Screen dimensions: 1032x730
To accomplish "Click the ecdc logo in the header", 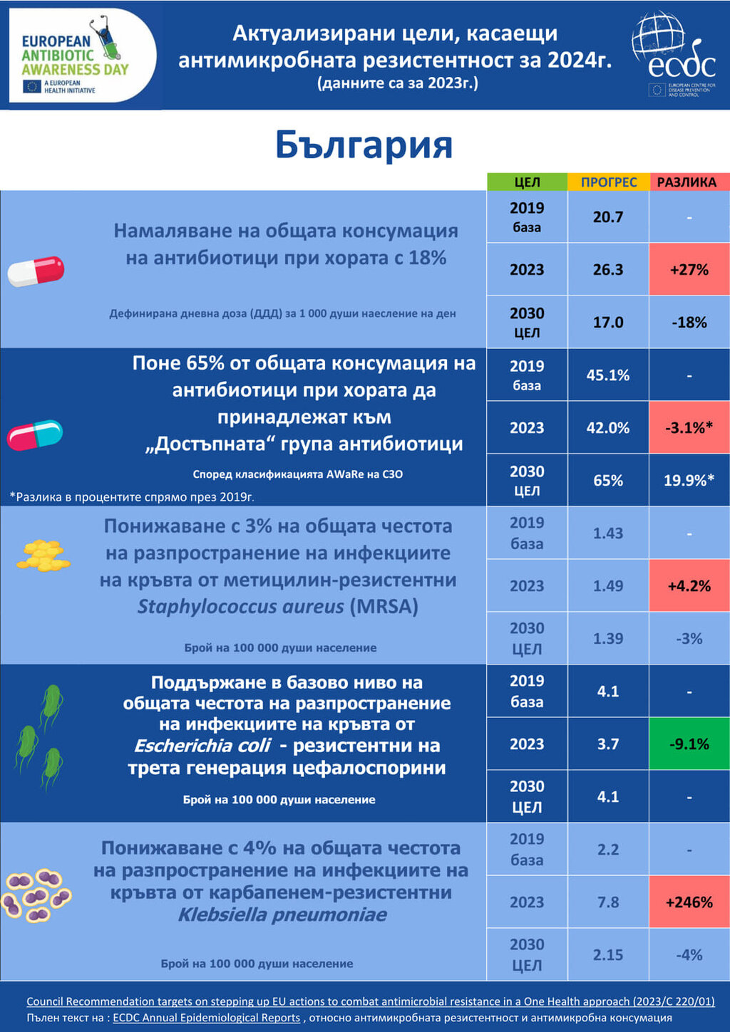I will (674, 54).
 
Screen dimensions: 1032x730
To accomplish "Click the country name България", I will (364, 145).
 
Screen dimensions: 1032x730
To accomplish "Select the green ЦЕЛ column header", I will (527, 182).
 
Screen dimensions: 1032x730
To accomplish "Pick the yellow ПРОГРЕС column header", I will (608, 182).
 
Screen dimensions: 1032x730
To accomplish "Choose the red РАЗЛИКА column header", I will (689, 182).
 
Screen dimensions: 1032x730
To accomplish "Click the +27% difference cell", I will (689, 269).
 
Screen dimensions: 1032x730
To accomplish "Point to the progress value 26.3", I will (608, 269).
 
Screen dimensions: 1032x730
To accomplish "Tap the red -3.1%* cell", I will (689, 427).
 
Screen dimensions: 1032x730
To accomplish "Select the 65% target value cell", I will (608, 480).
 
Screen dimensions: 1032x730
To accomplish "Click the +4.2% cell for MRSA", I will (689, 585).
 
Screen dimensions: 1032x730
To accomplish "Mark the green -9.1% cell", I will (689, 744).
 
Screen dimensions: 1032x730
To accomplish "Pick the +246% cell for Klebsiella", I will (689, 902).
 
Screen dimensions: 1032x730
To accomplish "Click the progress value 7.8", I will (608, 902).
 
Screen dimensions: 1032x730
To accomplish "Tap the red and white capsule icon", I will (36, 271).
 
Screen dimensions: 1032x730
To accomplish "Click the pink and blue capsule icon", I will (35, 434).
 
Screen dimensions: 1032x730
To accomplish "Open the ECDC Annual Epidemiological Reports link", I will (206, 1018).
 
